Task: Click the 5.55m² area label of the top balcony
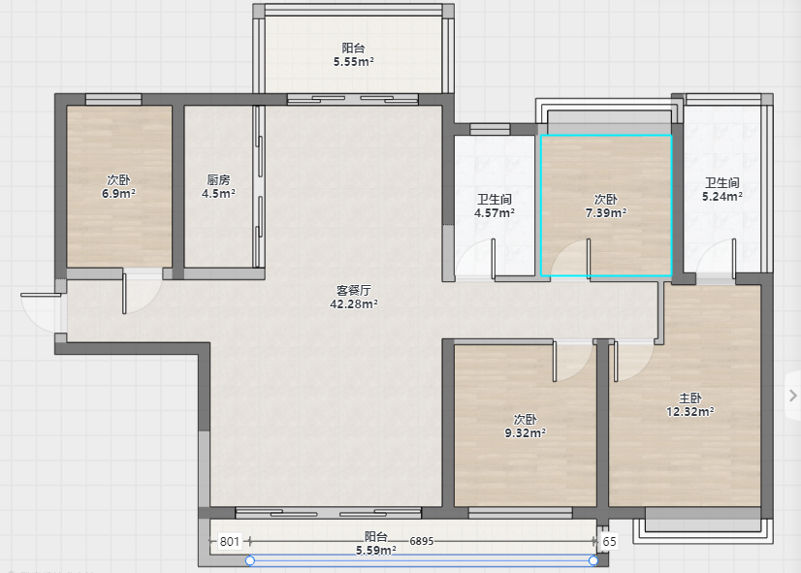(354, 62)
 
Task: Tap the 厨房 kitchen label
(218, 179)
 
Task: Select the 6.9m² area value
(118, 194)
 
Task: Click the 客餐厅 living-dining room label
(354, 290)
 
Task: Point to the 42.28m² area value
(354, 303)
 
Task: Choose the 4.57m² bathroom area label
(494, 213)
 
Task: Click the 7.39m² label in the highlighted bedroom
(606, 213)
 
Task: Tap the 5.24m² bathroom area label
(722, 197)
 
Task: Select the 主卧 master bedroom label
(690, 398)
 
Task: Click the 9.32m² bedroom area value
(526, 433)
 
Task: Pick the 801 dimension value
(230, 541)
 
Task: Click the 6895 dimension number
(422, 541)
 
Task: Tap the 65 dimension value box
(609, 541)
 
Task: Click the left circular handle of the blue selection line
(250, 560)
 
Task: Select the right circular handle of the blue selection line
(593, 560)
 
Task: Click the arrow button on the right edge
(793, 396)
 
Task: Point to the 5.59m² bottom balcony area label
(376, 550)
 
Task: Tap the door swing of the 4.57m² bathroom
(475, 259)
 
